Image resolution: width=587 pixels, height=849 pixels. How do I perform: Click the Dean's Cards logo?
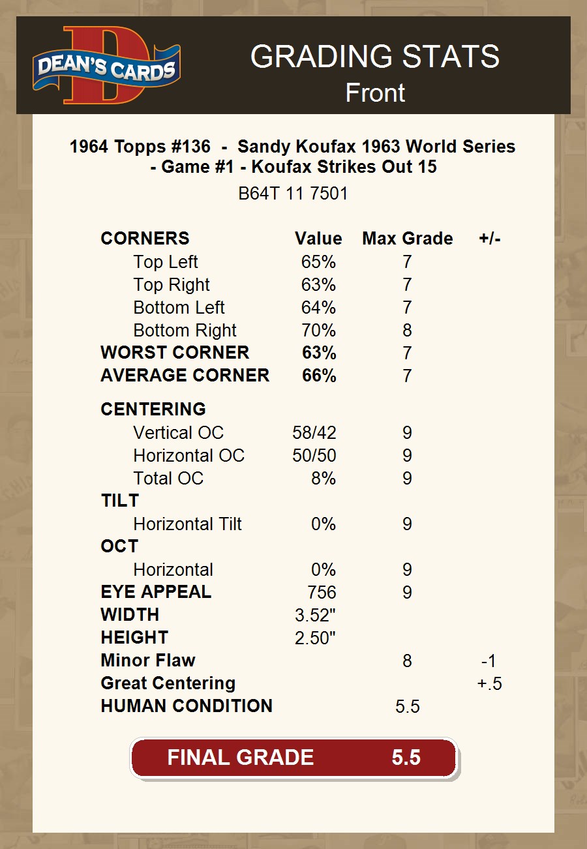pos(106,65)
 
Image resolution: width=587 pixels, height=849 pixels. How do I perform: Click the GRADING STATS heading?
pos(375,57)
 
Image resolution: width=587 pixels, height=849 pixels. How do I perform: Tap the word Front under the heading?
pos(375,93)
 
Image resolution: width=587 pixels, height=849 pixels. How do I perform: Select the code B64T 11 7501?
pos(293,194)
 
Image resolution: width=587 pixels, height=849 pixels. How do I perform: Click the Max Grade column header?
pos(407,239)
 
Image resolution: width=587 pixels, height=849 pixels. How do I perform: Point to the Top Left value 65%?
pos(318,262)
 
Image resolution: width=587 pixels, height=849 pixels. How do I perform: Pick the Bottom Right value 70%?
pos(318,331)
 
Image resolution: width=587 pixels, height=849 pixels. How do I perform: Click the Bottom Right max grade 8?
pos(407,331)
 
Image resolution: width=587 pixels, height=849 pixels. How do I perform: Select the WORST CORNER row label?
pos(175,353)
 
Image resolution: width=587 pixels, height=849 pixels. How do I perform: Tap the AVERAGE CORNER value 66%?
pos(319,376)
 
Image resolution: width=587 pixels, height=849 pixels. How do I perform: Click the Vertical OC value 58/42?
pos(314,433)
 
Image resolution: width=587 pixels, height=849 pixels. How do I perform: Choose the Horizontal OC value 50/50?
pos(314,456)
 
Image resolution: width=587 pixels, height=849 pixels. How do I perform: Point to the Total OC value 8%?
pos(323,479)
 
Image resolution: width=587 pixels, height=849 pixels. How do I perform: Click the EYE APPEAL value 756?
pos(322,592)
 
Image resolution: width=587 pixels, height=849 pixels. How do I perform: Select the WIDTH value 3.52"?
pos(315,615)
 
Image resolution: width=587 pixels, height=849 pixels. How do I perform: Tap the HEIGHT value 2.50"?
pos(315,638)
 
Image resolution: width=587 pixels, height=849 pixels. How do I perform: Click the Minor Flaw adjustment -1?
pos(489,661)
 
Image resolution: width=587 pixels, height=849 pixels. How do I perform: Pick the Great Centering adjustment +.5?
pos(489,683)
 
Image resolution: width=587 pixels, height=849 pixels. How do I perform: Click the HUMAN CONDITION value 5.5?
pos(407,706)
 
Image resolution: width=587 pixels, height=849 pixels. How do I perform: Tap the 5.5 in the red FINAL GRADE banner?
pos(406,757)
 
